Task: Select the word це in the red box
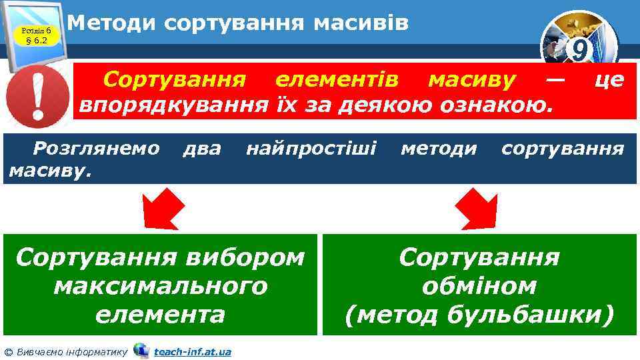(x=608, y=81)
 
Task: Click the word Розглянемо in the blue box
(x=97, y=148)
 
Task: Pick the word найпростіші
(x=311, y=148)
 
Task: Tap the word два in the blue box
(x=201, y=148)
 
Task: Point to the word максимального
(x=160, y=285)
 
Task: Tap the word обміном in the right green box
(x=479, y=285)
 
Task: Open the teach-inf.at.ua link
(x=192, y=351)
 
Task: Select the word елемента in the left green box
(x=160, y=314)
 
